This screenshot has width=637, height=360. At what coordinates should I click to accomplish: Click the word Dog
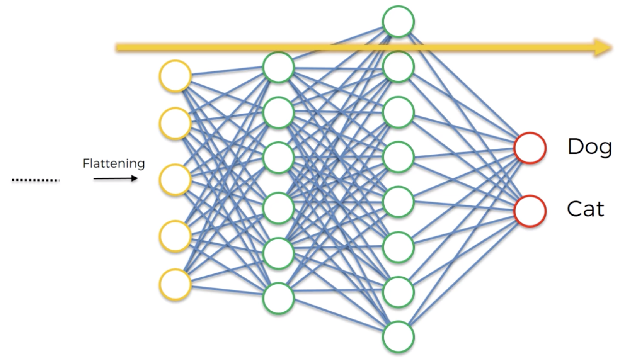click(589, 147)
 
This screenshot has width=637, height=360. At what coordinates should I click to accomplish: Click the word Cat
click(585, 209)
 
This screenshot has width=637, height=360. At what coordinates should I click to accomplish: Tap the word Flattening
click(114, 163)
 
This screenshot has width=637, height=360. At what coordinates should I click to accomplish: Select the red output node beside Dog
click(530, 148)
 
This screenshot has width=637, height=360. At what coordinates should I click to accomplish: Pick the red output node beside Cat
click(530, 211)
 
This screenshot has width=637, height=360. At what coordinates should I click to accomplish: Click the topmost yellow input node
click(175, 76)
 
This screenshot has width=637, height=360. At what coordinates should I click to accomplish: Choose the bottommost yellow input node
click(175, 285)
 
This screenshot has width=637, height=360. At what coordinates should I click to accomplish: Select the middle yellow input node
click(175, 180)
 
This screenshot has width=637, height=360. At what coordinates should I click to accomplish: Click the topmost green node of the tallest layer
click(399, 22)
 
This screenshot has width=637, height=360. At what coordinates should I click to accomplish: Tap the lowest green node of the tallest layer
click(399, 337)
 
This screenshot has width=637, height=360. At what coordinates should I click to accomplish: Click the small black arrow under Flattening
click(116, 178)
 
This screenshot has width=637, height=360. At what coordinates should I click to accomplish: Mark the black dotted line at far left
click(36, 180)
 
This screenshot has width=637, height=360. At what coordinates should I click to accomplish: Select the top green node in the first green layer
click(278, 67)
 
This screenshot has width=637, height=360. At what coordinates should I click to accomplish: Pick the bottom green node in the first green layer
click(278, 298)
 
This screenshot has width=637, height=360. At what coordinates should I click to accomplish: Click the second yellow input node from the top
click(175, 124)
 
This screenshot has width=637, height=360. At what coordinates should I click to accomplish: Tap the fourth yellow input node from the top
click(175, 236)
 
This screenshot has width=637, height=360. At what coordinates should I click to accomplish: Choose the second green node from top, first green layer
click(278, 112)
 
